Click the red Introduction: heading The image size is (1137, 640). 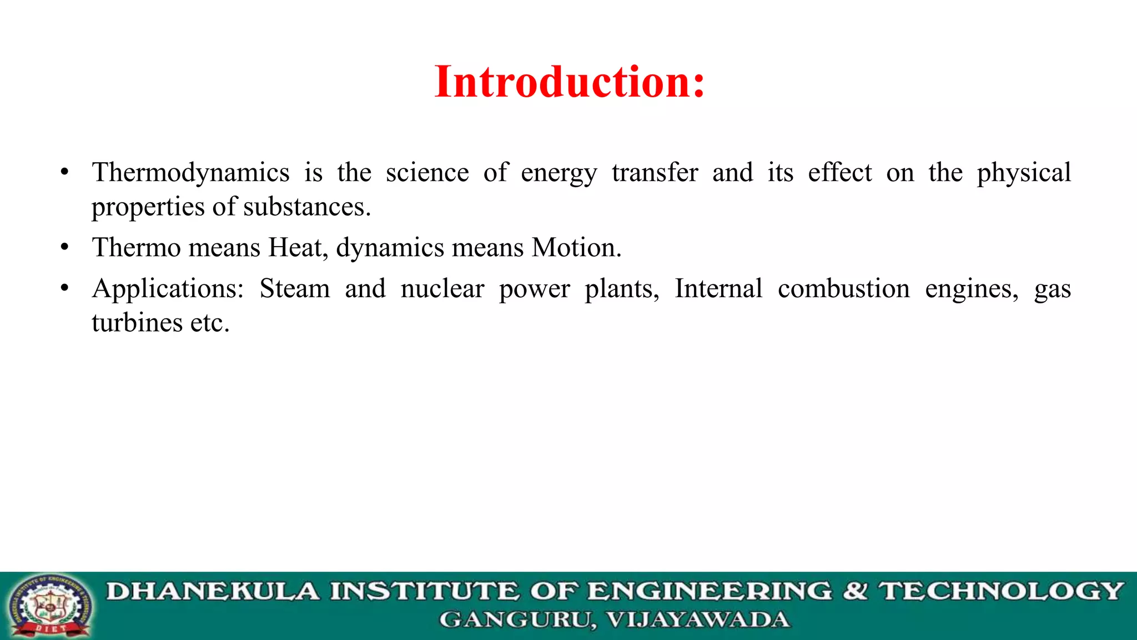coord(570,82)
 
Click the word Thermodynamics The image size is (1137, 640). coord(190,172)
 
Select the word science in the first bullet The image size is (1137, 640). coord(427,172)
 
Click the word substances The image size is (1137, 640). coord(306,207)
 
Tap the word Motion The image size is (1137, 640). coord(576,247)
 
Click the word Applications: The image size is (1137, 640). coord(168,289)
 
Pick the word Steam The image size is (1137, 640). coord(295,289)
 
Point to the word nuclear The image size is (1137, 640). coord(442,289)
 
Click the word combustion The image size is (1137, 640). coord(843,289)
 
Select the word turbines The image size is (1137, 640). coord(137,323)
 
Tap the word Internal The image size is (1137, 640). coord(718,289)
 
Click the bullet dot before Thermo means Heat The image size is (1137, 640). coord(65,247)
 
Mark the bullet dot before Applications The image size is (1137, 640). coord(65,288)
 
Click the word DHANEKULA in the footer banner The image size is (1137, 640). coord(213,591)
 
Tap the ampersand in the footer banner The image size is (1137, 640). coord(855,591)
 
